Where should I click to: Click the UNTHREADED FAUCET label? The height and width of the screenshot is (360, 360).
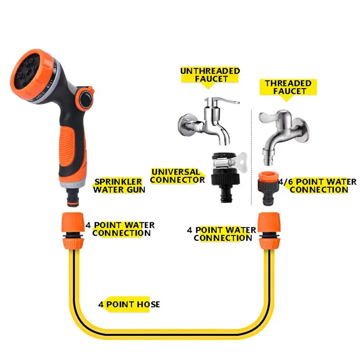pyautogui.click(x=210, y=75)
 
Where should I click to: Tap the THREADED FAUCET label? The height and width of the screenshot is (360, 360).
pyautogui.click(x=288, y=87)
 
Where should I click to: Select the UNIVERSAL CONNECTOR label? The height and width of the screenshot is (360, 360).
pyautogui.click(x=177, y=176)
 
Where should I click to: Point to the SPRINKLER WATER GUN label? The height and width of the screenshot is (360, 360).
pyautogui.click(x=119, y=185)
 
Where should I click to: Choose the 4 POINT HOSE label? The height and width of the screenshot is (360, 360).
pyautogui.click(x=129, y=305)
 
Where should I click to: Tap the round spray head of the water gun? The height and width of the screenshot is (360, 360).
pyautogui.click(x=34, y=74)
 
